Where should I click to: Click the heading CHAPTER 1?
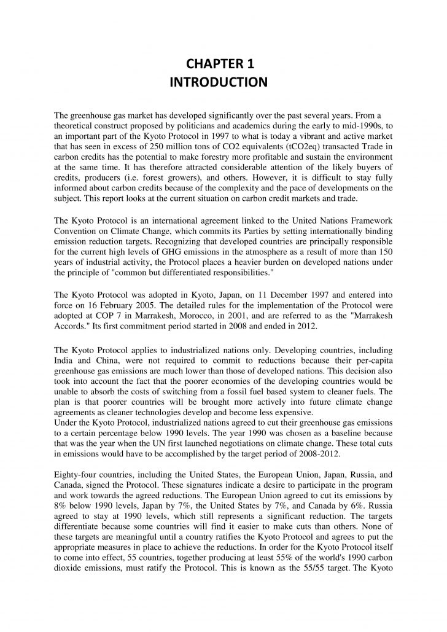point(223,64)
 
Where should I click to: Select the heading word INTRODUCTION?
point(223,82)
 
